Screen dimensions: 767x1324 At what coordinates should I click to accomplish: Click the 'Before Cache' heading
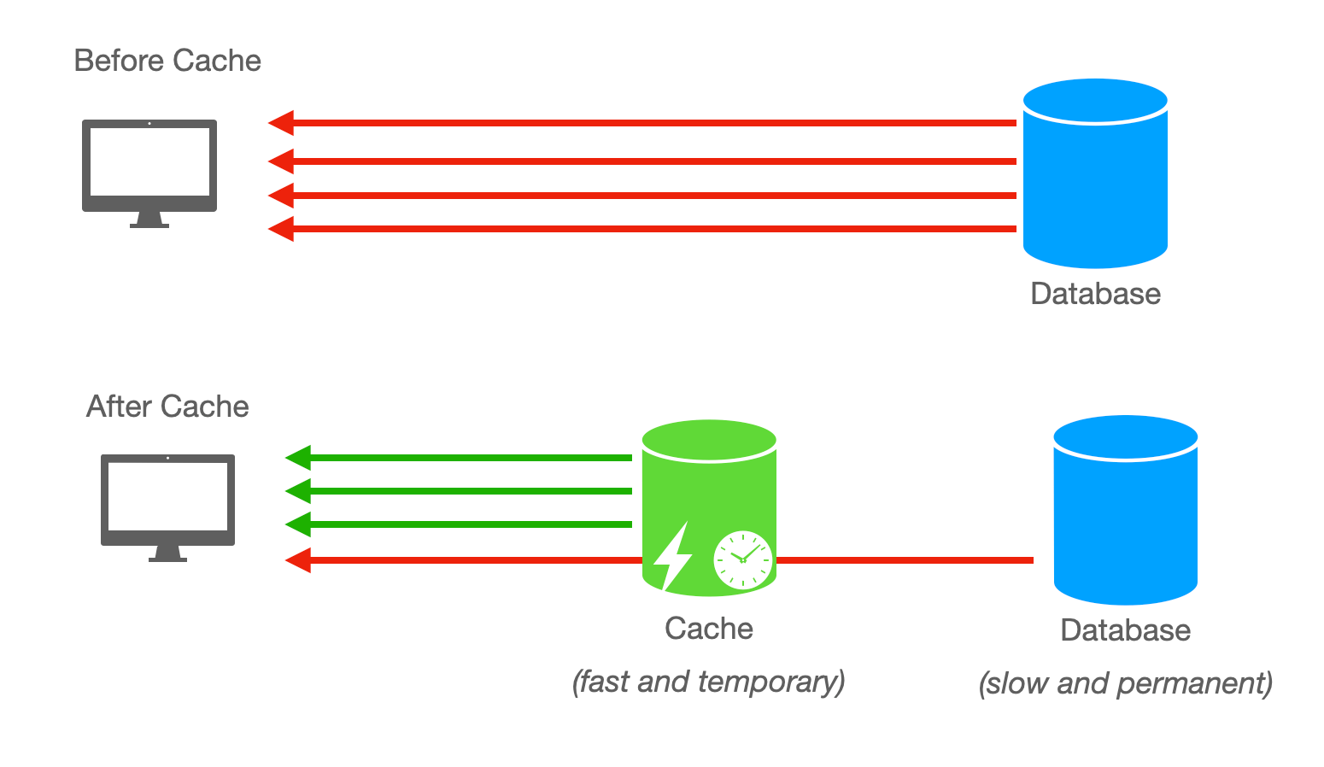click(167, 61)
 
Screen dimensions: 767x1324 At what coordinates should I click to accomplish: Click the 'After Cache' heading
click(167, 407)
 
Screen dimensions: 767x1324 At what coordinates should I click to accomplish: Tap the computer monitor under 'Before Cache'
click(149, 171)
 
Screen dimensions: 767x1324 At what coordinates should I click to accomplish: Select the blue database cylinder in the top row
click(1095, 175)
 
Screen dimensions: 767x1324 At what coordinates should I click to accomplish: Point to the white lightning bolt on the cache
click(672, 556)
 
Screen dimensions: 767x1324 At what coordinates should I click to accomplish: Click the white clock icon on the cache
click(742, 559)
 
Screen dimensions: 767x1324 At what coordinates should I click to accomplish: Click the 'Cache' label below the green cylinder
click(709, 629)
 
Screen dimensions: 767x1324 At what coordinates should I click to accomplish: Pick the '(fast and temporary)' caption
click(708, 682)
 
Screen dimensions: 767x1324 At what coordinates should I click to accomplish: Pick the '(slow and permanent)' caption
click(1125, 683)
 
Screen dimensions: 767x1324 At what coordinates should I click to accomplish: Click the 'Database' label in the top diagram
click(1095, 294)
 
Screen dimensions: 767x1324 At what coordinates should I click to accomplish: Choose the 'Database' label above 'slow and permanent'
click(1125, 630)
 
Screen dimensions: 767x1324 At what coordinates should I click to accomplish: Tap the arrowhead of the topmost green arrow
click(298, 458)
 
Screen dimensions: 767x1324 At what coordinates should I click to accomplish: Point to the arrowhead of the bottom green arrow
click(298, 524)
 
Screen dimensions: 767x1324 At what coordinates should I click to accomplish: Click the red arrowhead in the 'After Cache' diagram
click(298, 560)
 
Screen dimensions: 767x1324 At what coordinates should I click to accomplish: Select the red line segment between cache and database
click(905, 560)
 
